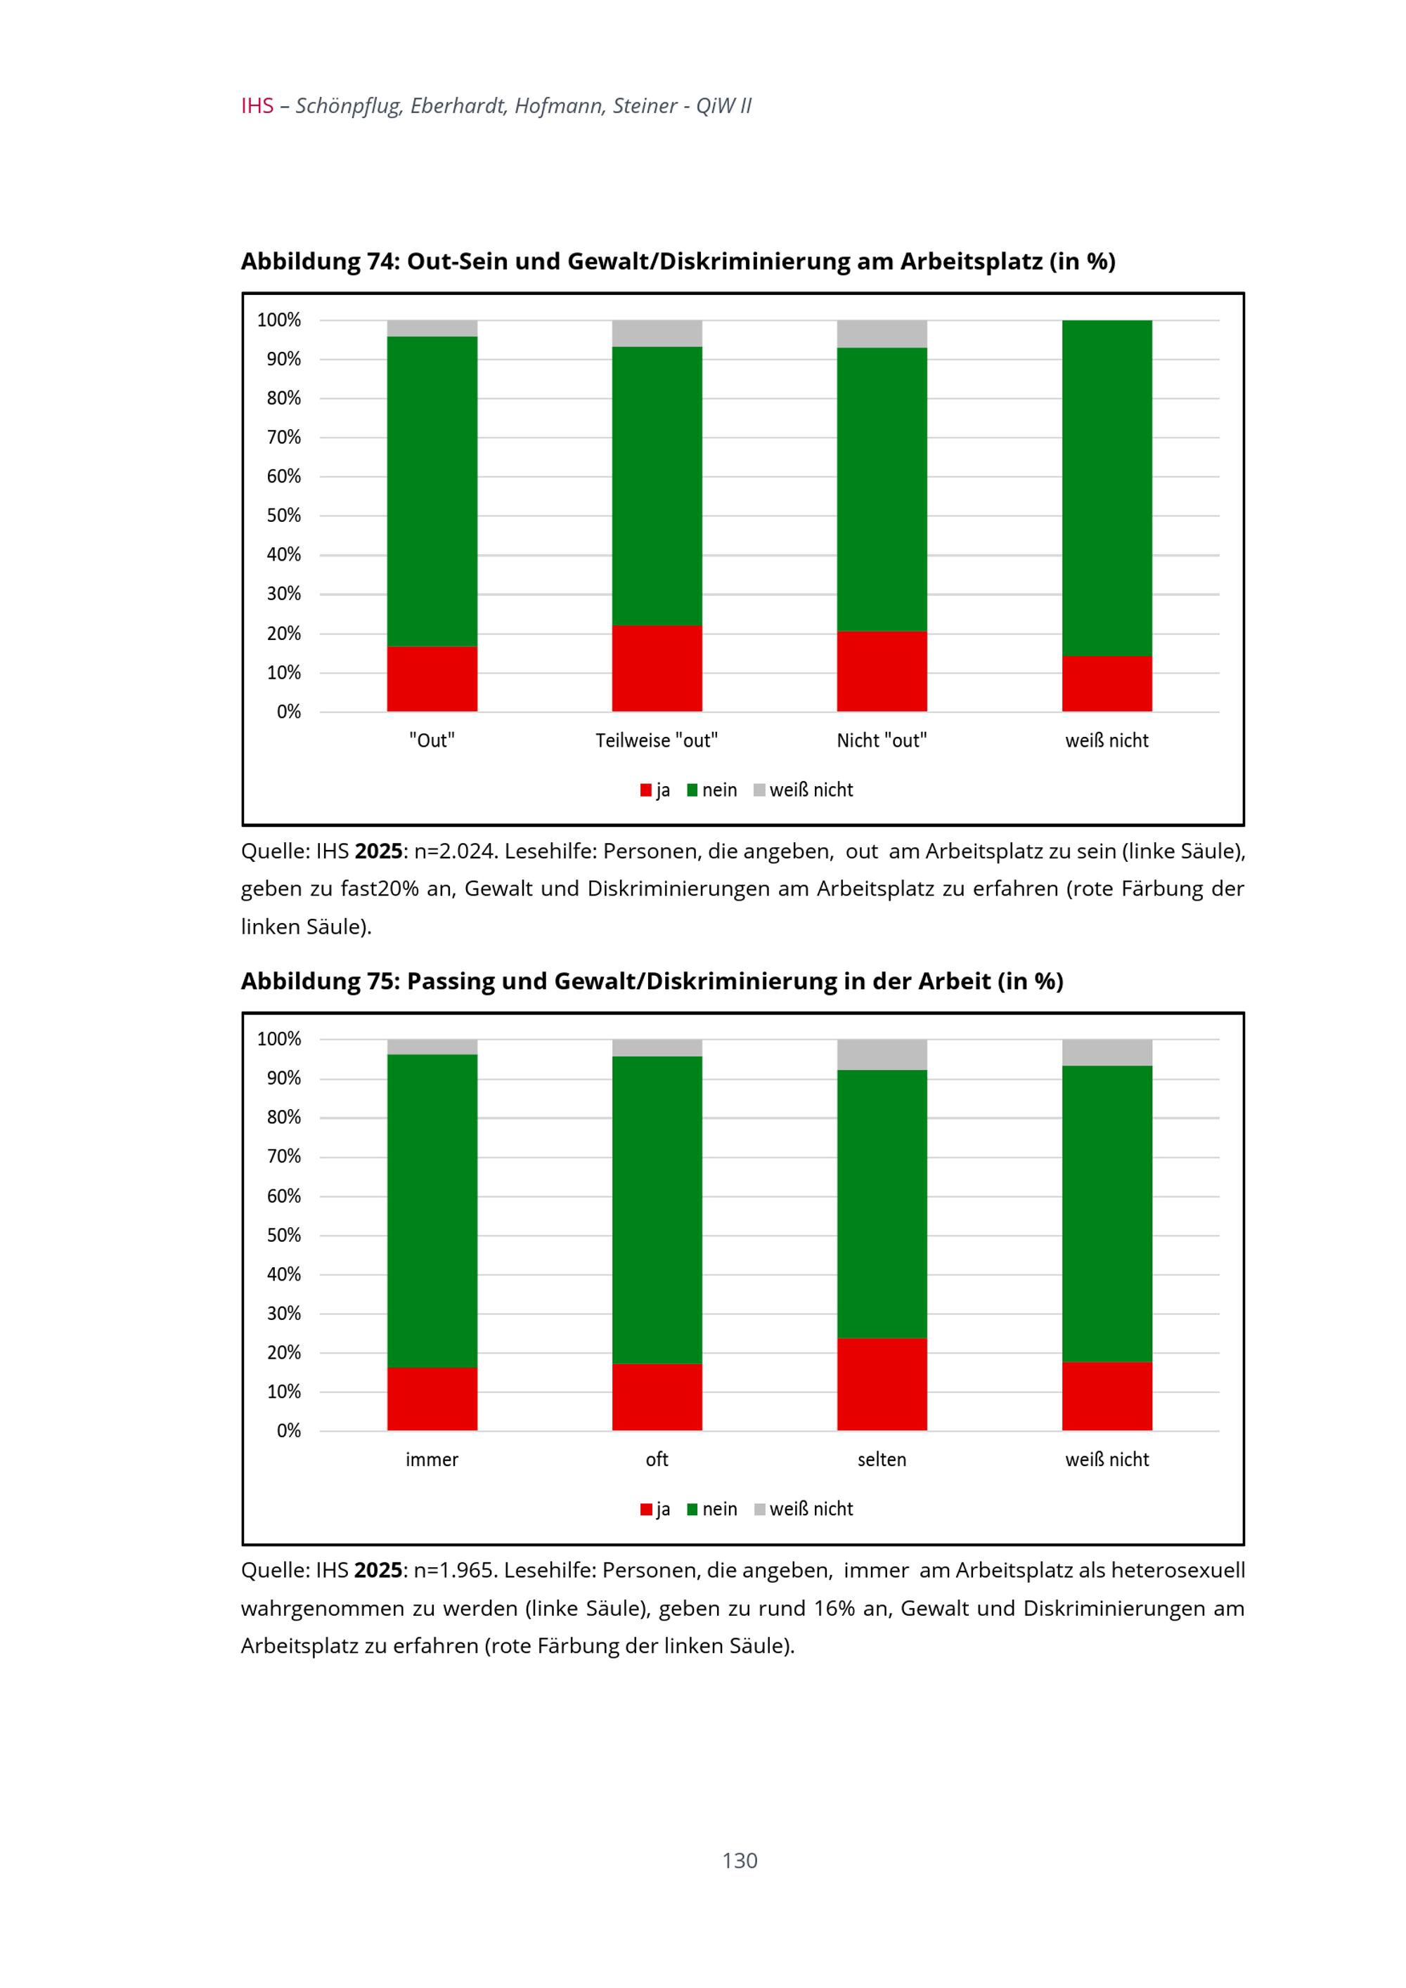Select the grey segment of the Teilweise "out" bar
point(657,334)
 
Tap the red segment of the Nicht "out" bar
point(881,671)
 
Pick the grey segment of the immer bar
point(432,1047)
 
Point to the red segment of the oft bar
point(657,1397)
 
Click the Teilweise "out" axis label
point(657,741)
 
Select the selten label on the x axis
point(881,1460)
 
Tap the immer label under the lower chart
point(432,1460)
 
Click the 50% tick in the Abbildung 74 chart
point(283,516)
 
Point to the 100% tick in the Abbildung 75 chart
point(279,1039)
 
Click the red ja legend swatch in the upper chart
point(645,790)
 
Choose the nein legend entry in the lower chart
point(718,1509)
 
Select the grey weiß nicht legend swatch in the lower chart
point(760,1509)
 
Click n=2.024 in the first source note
point(455,852)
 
